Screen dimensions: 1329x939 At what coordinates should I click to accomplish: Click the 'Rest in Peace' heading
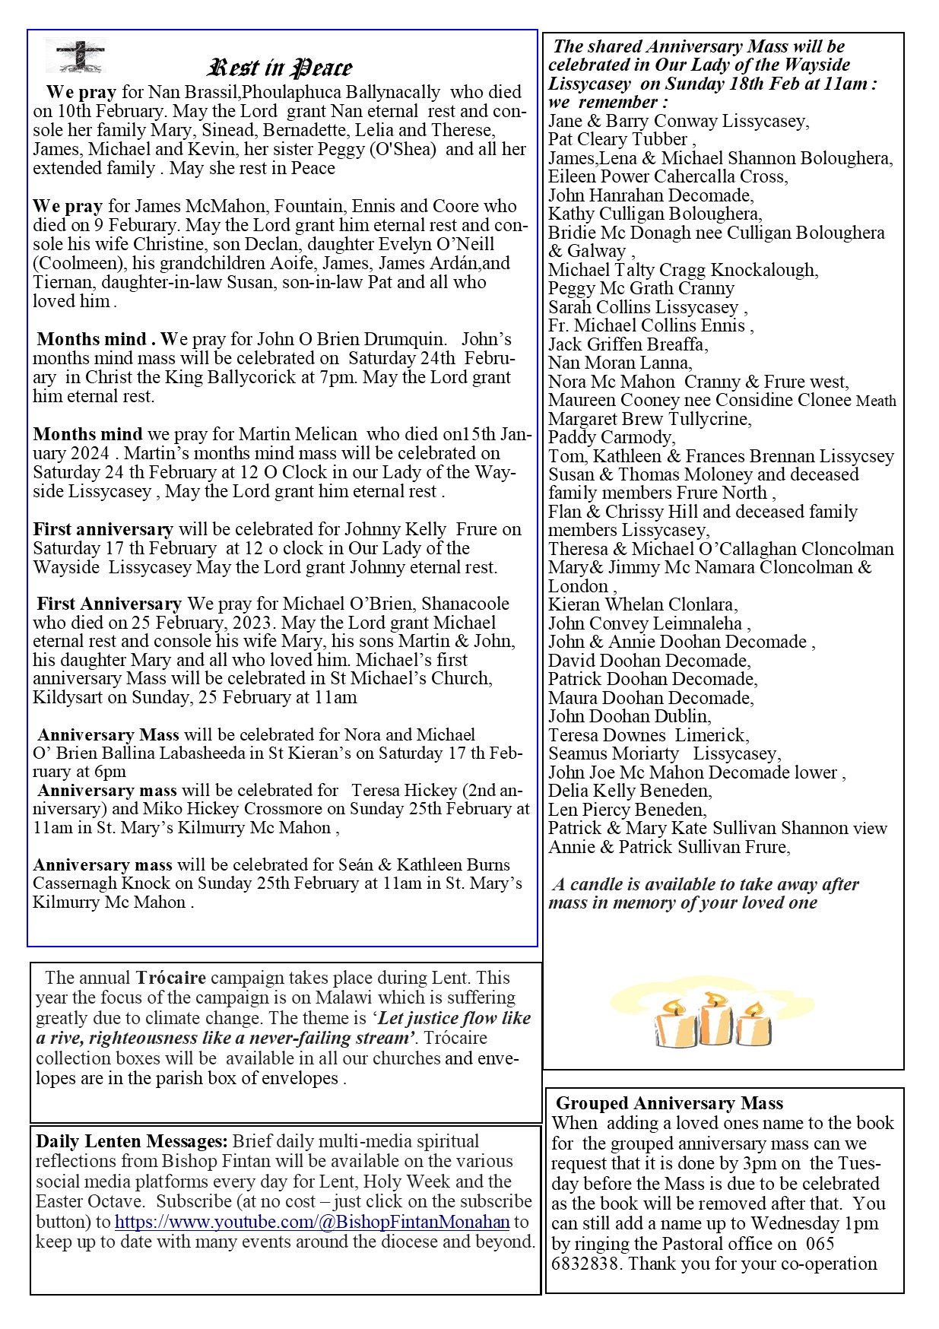point(280,68)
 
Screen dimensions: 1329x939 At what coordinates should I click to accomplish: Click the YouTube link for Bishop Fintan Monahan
point(312,1222)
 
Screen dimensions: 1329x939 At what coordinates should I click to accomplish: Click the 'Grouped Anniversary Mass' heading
point(669,1103)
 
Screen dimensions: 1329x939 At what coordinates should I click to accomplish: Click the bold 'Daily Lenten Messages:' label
point(132,1141)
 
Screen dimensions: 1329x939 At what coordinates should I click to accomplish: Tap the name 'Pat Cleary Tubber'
point(617,139)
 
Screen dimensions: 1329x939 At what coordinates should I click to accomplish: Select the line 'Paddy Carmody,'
point(611,437)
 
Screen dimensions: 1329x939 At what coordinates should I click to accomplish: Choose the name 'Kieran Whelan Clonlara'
point(642,604)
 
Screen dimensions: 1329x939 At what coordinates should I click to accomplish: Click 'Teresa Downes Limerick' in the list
point(648,735)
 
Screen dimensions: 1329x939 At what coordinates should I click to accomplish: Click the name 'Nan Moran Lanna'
point(620,363)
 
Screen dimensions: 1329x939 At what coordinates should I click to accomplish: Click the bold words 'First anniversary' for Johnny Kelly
point(103,529)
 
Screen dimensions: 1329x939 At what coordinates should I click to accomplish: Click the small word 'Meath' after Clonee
point(876,401)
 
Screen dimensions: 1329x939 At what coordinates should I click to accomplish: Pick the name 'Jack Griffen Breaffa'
point(627,344)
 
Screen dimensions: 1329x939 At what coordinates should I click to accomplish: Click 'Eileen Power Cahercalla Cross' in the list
point(668,176)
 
